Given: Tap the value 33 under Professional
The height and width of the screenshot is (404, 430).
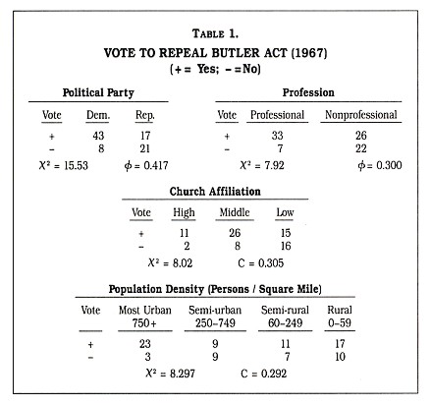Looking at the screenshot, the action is pyautogui.click(x=278, y=137).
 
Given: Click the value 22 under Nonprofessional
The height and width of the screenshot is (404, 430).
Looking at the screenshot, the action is pyautogui.click(x=360, y=149).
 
